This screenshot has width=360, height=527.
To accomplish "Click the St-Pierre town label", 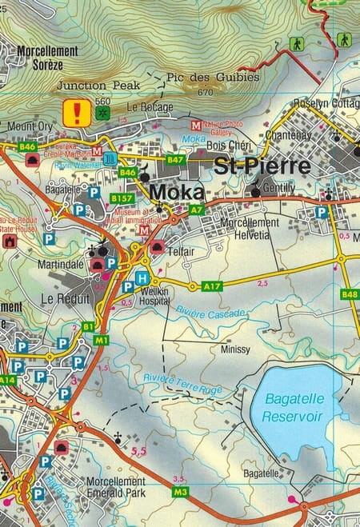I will pyautogui.click(x=262, y=167).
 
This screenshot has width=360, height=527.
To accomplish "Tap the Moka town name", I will pyautogui.click(x=178, y=193).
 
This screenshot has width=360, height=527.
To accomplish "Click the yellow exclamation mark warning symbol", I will pyautogui.click(x=78, y=112).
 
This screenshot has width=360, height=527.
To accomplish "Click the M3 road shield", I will pyautogui.click(x=180, y=491).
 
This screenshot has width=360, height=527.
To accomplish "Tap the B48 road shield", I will pyautogui.click(x=350, y=294).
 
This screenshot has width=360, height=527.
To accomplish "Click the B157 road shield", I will pyautogui.click(x=122, y=198).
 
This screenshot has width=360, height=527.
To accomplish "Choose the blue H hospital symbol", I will pyautogui.click(x=142, y=278).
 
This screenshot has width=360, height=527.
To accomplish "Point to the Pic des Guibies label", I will pyautogui.click(x=213, y=78).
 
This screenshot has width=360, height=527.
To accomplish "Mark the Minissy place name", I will pyautogui.click(x=234, y=349).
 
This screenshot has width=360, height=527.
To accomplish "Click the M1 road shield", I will pyautogui.click(x=102, y=340).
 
